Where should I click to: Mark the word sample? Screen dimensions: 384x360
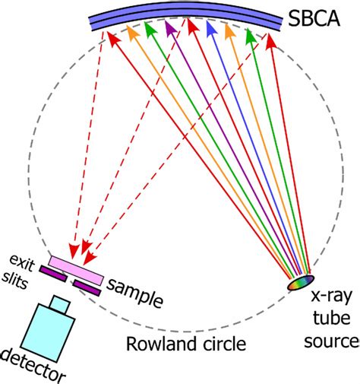[x=134, y=286]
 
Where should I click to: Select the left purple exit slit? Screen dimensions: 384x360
[x=52, y=271]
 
